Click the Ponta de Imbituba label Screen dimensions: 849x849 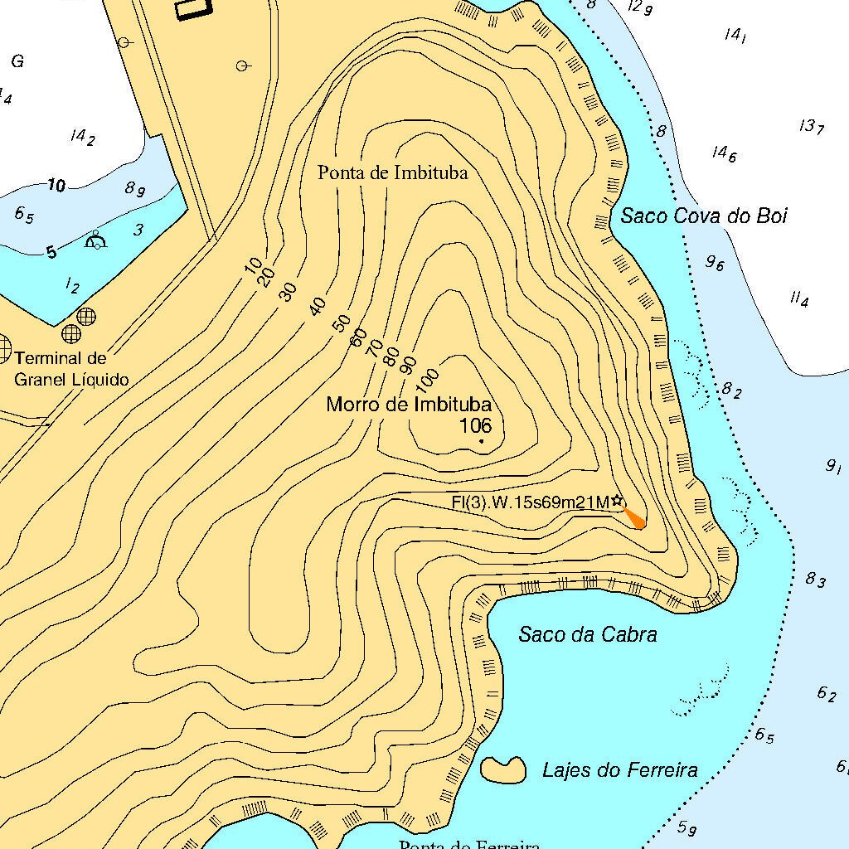pyautogui.click(x=393, y=172)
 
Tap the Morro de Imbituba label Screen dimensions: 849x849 pyautogui.click(x=409, y=405)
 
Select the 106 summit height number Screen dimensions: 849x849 pyautogui.click(x=475, y=426)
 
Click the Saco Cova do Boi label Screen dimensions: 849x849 pyautogui.click(x=704, y=216)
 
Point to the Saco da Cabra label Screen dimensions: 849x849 pyautogui.click(x=588, y=635)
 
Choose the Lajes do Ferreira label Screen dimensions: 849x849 pyautogui.click(x=619, y=770)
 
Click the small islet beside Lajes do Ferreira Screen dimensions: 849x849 pyautogui.click(x=503, y=770)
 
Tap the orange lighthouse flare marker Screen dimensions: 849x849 pyautogui.click(x=635, y=519)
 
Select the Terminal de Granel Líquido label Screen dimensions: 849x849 pyautogui.click(x=72, y=370)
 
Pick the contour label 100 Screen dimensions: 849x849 pyautogui.click(x=427, y=379)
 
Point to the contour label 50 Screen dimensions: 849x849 pyautogui.click(x=342, y=323)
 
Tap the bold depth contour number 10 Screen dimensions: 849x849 pyautogui.click(x=56, y=186)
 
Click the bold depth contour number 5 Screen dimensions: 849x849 pyautogui.click(x=51, y=251)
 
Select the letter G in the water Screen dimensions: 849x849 pyautogui.click(x=17, y=61)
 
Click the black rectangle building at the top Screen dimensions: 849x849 pyautogui.click(x=193, y=8)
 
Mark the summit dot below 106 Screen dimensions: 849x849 pyautogui.click(x=481, y=441)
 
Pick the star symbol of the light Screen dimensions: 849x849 pyautogui.click(x=617, y=501)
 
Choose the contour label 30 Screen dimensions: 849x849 pyautogui.click(x=288, y=292)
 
